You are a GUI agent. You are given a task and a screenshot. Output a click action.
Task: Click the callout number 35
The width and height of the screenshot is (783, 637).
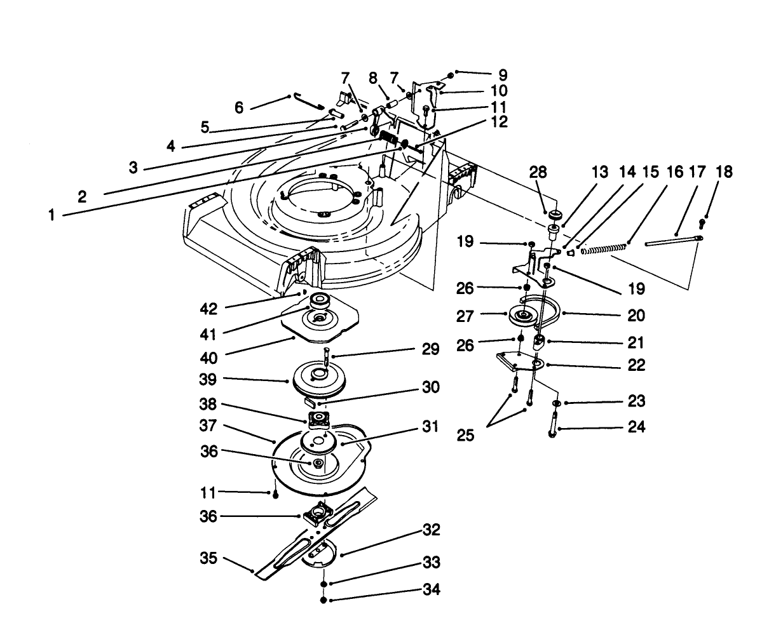click(209, 558)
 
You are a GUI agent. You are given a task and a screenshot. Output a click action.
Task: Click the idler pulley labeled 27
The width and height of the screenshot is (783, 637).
click(524, 315)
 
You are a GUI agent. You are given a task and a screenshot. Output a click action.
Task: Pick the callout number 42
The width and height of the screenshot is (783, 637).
click(209, 309)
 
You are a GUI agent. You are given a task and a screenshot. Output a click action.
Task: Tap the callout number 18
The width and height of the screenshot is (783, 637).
click(723, 171)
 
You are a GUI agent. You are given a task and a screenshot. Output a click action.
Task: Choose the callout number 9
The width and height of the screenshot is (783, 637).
click(503, 74)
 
